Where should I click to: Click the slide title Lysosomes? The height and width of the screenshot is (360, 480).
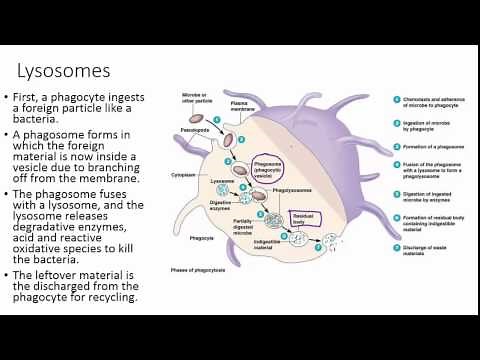(64, 71)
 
